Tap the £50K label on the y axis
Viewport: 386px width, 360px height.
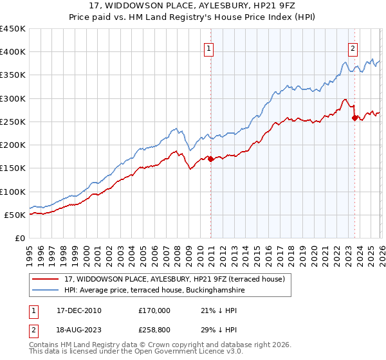point(15,215)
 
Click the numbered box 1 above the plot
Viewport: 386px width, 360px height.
point(210,47)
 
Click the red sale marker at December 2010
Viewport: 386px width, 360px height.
point(210,159)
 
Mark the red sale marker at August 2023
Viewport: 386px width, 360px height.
point(354,118)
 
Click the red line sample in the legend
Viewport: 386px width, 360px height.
point(47,278)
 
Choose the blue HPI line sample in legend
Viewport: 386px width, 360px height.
point(47,290)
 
